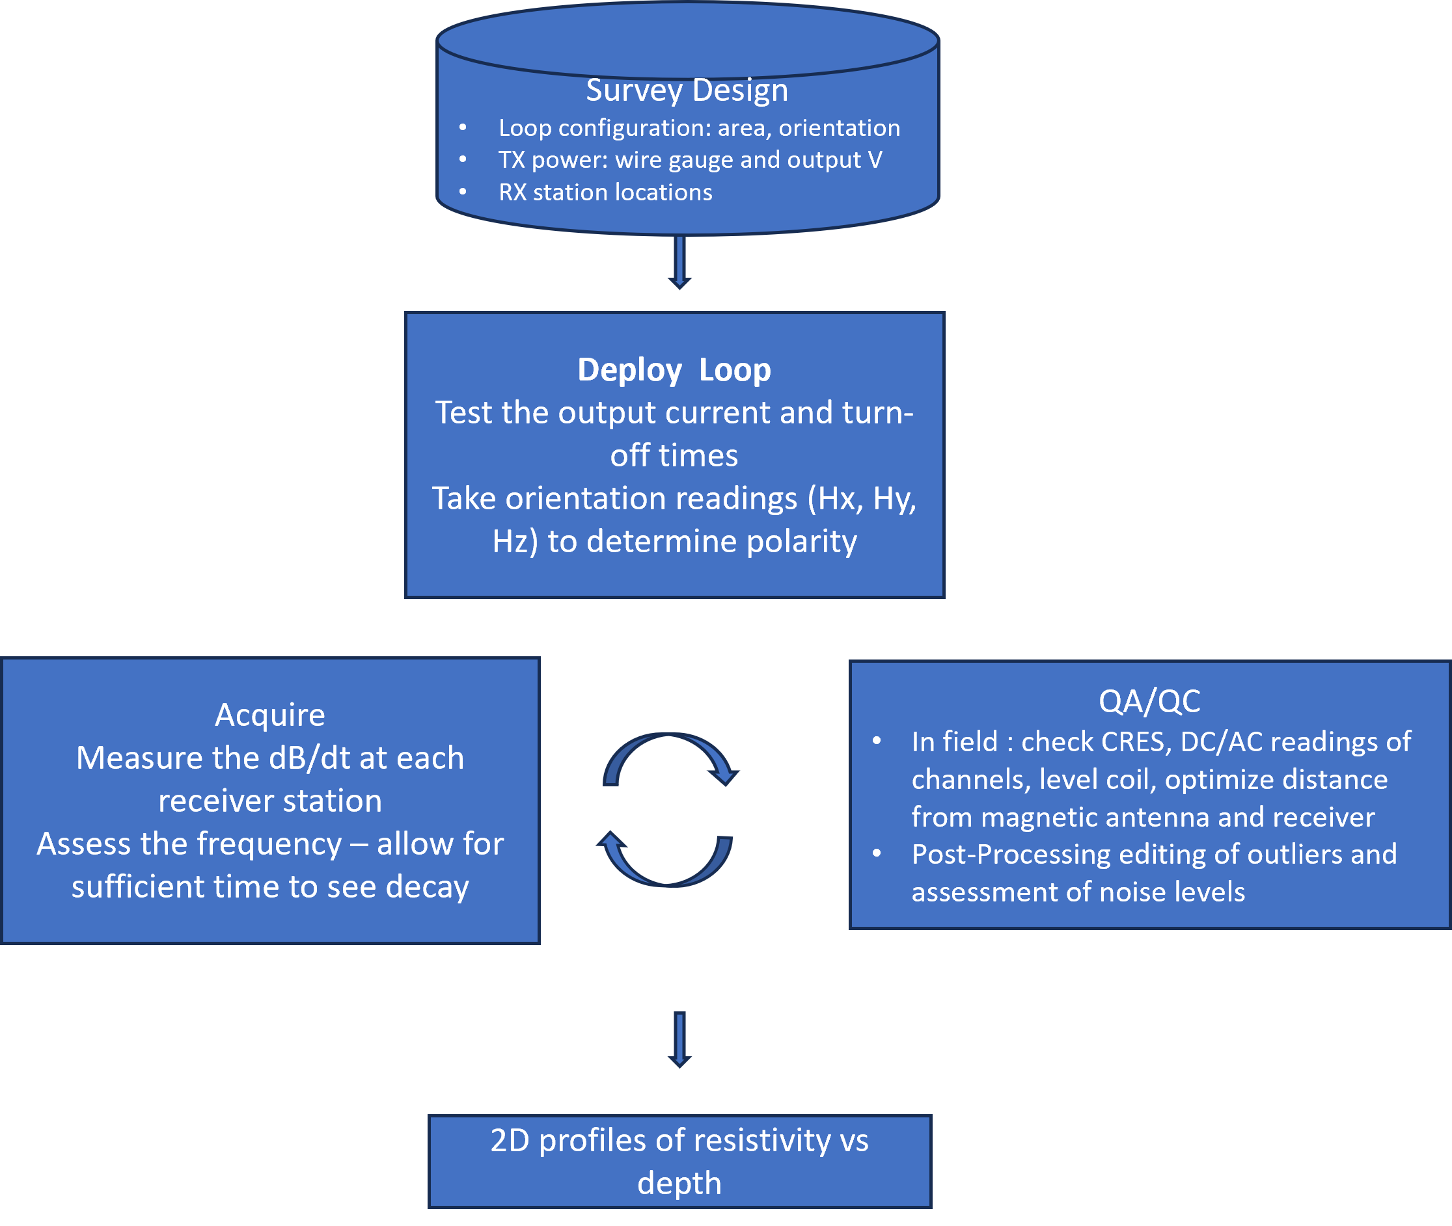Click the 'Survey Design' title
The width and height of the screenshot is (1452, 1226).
687,90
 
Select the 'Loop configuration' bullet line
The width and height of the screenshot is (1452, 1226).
699,128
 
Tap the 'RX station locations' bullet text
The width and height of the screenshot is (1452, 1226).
605,193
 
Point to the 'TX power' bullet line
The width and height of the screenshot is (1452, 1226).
690,160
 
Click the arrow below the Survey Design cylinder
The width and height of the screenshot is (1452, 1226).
679,263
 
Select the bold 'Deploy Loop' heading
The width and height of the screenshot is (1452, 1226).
674,369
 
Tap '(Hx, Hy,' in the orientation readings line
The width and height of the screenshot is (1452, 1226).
862,498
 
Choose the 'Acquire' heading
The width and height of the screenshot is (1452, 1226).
270,715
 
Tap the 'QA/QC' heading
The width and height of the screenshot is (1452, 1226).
1149,701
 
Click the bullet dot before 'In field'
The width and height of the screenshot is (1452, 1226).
877,741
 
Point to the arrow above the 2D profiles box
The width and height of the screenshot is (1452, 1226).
679,1039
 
